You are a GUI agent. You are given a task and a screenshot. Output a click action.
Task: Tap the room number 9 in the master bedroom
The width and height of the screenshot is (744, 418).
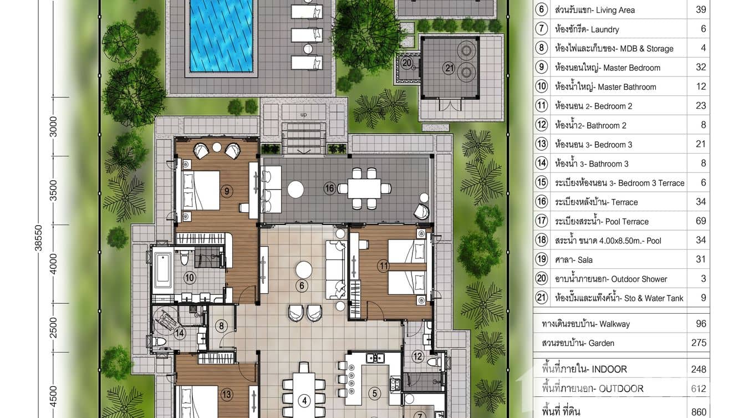pyautogui.click(x=227, y=191)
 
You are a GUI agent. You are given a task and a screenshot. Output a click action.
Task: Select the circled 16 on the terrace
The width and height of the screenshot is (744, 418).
pyautogui.click(x=329, y=188)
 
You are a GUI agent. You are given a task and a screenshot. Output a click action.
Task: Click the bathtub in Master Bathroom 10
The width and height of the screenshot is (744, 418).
pyautogui.click(x=162, y=270)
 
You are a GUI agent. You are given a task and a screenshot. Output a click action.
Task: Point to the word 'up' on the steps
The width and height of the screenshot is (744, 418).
pyautogui.click(x=303, y=115)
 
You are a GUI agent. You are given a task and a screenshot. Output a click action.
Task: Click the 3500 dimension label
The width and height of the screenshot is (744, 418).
pyautogui.click(x=53, y=190)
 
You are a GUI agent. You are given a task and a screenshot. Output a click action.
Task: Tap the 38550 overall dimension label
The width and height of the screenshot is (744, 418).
pyautogui.click(x=39, y=238)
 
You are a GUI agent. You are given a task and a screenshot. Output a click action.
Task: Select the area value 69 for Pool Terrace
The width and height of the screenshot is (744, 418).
pyautogui.click(x=701, y=221)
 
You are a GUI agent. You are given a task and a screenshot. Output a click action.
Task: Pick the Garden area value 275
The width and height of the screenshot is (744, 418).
pyautogui.click(x=699, y=343)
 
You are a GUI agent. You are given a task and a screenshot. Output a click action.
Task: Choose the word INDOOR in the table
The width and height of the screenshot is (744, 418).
pyautogui.click(x=609, y=369)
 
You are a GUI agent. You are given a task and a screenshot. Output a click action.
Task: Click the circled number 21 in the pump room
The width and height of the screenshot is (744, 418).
pyautogui.click(x=449, y=68)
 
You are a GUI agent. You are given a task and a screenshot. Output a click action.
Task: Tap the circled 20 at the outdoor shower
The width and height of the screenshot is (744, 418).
pyautogui.click(x=407, y=63)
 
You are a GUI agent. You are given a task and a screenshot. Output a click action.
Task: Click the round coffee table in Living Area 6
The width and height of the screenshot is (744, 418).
pyautogui.click(x=304, y=269)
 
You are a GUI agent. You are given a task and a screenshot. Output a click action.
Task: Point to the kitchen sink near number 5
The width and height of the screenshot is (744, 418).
pyautogui.click(x=375, y=358)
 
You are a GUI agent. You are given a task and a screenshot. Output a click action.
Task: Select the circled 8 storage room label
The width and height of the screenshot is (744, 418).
pyautogui.click(x=222, y=326)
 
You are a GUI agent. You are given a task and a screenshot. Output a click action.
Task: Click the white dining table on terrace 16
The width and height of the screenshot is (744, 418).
pyautogui.click(x=364, y=188)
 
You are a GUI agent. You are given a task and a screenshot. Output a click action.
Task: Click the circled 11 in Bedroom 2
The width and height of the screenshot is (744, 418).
pyautogui.click(x=383, y=266)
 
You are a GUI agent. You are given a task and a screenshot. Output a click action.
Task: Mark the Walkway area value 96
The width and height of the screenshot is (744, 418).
pyautogui.click(x=701, y=323)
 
